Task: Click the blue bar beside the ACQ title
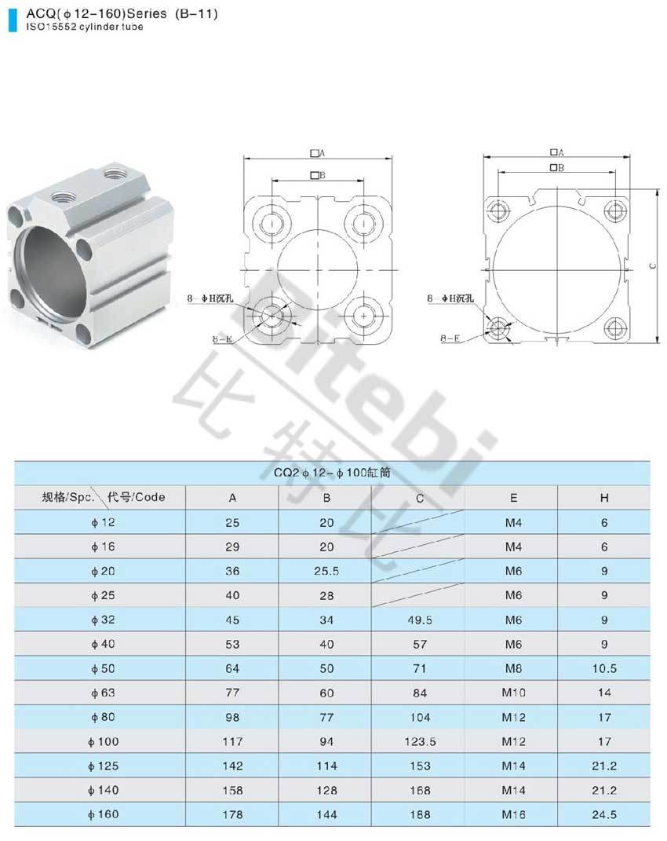click(x=13, y=20)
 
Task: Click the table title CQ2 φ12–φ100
click(x=332, y=473)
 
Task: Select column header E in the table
click(x=513, y=498)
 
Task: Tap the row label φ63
click(x=103, y=693)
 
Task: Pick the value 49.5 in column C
click(x=420, y=620)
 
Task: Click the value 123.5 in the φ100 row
click(x=420, y=742)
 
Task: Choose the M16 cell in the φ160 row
click(x=513, y=814)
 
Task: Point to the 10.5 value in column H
click(x=604, y=668)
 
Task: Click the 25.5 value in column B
click(x=326, y=571)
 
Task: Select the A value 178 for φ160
click(x=232, y=814)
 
